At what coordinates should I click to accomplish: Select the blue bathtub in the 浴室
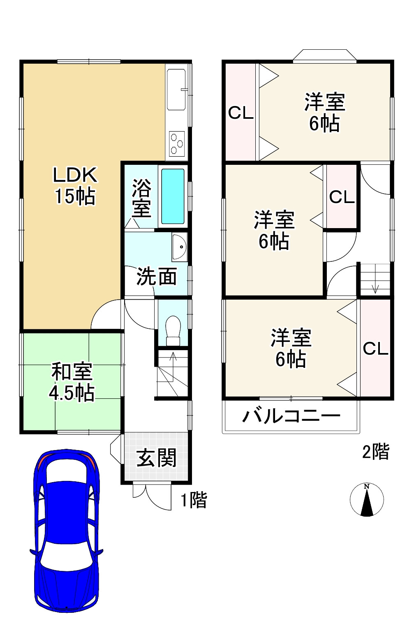[173, 196]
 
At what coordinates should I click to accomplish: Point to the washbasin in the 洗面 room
[180, 247]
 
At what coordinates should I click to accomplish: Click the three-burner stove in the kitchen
[177, 144]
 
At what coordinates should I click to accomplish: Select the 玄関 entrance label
[156, 458]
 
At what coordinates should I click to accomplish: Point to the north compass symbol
[366, 500]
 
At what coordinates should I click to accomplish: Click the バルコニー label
[291, 416]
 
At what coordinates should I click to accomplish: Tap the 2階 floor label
[375, 452]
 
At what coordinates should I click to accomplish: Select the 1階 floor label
[194, 500]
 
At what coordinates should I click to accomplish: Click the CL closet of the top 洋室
[241, 113]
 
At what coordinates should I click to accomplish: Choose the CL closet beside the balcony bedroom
[375, 349]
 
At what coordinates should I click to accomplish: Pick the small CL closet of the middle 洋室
[342, 197]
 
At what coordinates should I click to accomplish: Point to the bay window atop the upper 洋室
[324, 56]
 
